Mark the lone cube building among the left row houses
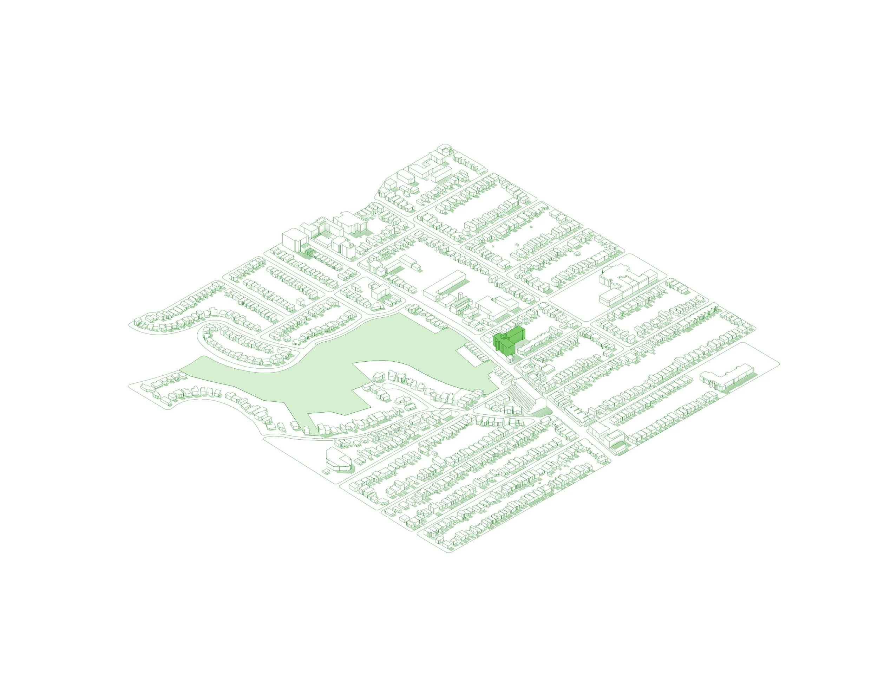pyautogui.click(x=300, y=302)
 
